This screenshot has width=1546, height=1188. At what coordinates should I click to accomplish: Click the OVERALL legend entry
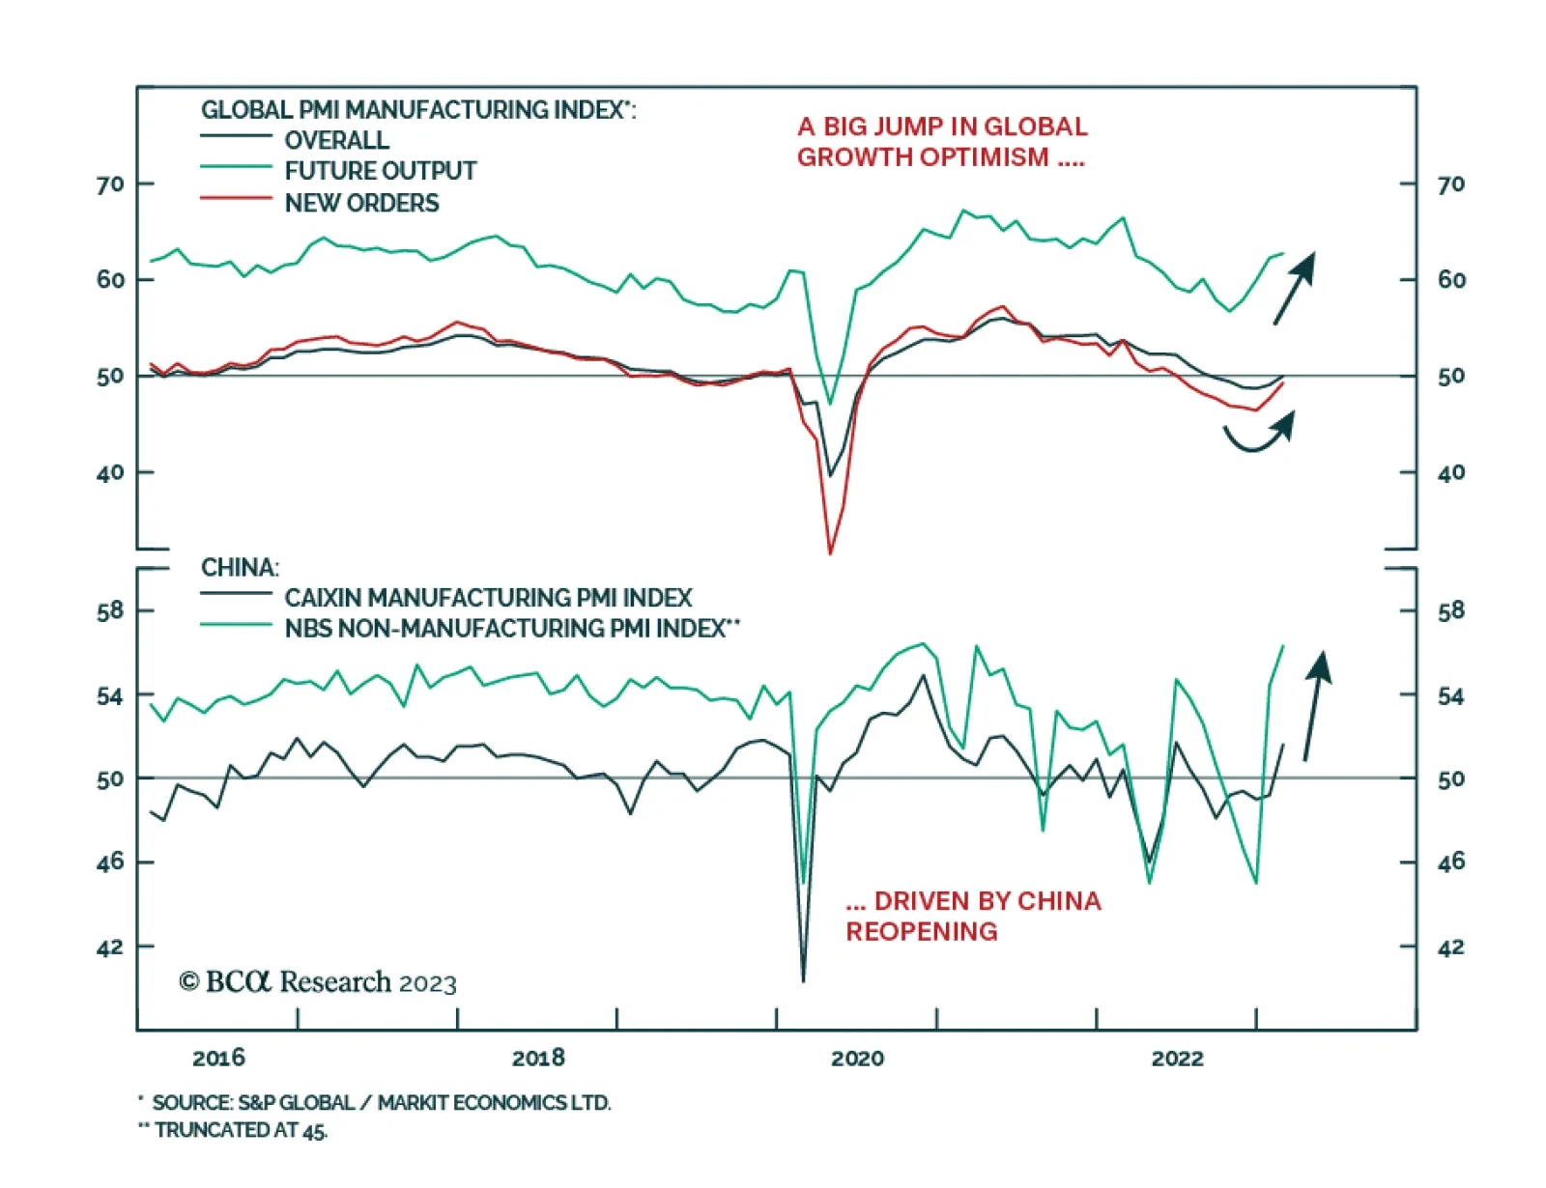336,140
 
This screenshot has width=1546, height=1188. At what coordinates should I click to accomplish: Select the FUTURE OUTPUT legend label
380,171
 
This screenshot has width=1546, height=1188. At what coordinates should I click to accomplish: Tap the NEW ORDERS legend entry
361,203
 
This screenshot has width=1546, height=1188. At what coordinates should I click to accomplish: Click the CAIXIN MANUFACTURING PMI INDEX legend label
488,598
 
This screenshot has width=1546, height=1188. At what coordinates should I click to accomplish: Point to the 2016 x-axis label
218,1058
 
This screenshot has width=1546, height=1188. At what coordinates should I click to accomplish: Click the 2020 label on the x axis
857,1058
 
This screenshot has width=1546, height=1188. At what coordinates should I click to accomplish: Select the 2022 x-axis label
1177,1058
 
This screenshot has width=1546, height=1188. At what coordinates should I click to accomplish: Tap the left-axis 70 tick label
110,184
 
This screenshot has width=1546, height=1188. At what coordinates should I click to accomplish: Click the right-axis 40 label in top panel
1451,472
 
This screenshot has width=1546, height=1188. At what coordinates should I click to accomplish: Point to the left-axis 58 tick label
110,610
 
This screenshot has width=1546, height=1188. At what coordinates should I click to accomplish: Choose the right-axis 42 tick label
1451,947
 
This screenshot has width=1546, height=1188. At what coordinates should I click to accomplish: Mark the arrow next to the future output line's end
1294,288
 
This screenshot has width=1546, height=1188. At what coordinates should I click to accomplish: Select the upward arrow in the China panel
1316,705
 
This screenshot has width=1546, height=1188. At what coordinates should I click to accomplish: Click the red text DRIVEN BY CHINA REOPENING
972,916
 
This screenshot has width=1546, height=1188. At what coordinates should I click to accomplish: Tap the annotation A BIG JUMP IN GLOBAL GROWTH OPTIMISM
942,141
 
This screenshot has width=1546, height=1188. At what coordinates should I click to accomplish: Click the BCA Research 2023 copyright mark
318,982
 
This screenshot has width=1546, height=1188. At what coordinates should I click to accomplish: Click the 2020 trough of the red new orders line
830,552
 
